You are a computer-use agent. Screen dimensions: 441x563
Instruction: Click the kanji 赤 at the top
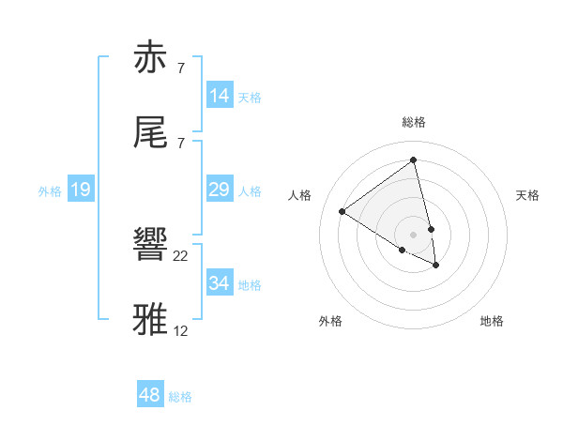click(153, 58)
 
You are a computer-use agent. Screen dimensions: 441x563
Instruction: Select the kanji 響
click(153, 245)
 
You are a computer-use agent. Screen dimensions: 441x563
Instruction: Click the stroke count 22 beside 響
click(181, 256)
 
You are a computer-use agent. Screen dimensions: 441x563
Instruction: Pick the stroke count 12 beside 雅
click(181, 330)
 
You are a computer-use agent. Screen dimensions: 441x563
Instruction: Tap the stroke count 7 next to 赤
click(180, 68)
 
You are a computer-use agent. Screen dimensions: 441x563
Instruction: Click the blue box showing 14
click(220, 96)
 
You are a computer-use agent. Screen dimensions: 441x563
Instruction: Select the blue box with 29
click(220, 190)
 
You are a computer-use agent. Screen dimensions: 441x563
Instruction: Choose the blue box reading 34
click(220, 283)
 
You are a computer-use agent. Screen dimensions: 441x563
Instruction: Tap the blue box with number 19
click(81, 190)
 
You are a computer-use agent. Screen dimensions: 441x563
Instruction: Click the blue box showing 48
click(150, 395)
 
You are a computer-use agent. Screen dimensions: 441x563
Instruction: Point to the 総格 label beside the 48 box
click(180, 397)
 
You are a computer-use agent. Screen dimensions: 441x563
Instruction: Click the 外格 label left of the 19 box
click(50, 191)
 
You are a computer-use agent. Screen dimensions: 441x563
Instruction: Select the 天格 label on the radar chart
click(527, 195)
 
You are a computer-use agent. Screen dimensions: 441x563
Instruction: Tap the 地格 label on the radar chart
click(492, 321)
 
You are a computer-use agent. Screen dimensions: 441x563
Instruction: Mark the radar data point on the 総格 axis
click(413, 160)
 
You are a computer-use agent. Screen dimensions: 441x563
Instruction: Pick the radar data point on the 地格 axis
click(436, 266)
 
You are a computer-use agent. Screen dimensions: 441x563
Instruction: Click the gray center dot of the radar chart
click(413, 235)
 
